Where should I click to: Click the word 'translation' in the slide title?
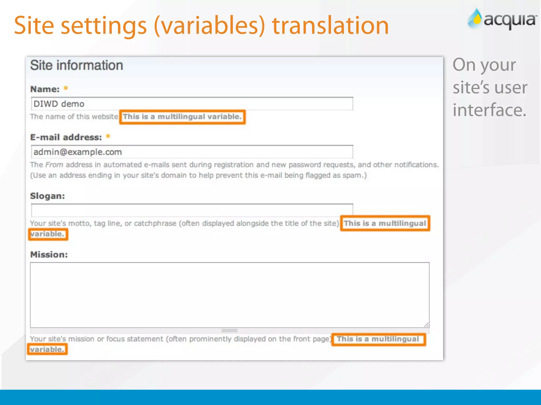click(330, 26)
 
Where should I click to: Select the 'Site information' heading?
click(77, 65)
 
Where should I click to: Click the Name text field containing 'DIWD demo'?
click(192, 104)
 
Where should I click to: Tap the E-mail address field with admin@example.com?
click(192, 152)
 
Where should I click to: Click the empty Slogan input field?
click(192, 210)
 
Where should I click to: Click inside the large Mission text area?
click(229, 295)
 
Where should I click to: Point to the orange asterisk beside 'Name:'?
click(66, 88)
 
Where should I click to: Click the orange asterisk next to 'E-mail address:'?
click(108, 137)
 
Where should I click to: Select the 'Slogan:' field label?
click(48, 196)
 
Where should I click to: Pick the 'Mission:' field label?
click(49, 254)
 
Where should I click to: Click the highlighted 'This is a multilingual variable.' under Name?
click(182, 117)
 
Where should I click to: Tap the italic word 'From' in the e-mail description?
click(54, 165)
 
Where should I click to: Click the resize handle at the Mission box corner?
click(426, 325)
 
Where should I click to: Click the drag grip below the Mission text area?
click(229, 330)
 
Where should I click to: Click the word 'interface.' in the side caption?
click(489, 110)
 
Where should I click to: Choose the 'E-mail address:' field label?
click(66, 137)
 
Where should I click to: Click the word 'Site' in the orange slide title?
click(34, 26)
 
